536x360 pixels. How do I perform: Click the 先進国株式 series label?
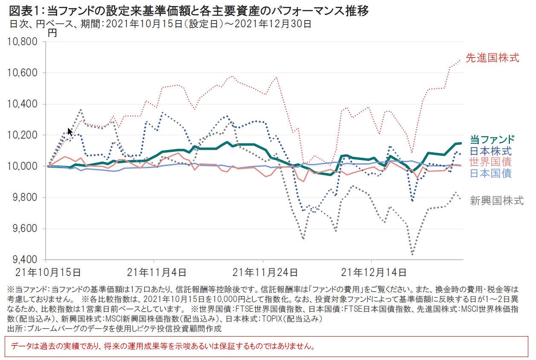pyautogui.click(x=492, y=58)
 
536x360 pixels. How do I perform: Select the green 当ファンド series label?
pyautogui.click(x=492, y=139)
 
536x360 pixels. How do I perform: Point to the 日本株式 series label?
pyautogui.click(x=490, y=151)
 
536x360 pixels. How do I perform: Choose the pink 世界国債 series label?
pyautogui.click(x=490, y=162)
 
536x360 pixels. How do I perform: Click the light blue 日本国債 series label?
pyautogui.click(x=490, y=173)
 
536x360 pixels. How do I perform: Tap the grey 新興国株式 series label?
pyautogui.click(x=496, y=201)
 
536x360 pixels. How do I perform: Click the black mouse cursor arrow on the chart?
pyautogui.click(x=70, y=131)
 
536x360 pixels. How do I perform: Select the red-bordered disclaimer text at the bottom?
pyautogui.click(x=163, y=346)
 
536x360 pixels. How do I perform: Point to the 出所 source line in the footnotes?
pyautogui.click(x=115, y=328)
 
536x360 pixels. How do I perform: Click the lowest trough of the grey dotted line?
pyautogui.click(x=412, y=254)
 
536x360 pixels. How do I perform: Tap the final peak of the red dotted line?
pyautogui.click(x=459, y=60)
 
